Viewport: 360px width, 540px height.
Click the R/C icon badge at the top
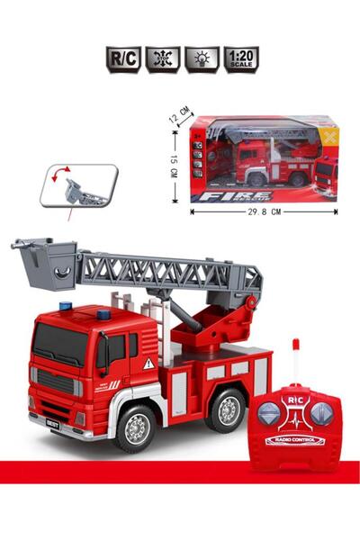pyautogui.click(x=123, y=59)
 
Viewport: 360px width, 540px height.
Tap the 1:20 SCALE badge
pyautogui.click(x=241, y=59)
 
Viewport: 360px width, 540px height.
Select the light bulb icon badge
pyautogui.click(x=202, y=59)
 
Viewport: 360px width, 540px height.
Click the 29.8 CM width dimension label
pyautogui.click(x=264, y=212)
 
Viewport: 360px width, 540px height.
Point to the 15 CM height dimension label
pyautogui.click(x=174, y=164)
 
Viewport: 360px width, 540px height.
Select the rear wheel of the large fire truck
pyautogui.click(x=226, y=409)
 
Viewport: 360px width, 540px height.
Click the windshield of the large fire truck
pyautogui.click(x=61, y=346)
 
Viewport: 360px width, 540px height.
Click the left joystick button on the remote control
pyautogui.click(x=270, y=413)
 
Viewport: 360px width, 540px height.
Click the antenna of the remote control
pyautogui.click(x=294, y=360)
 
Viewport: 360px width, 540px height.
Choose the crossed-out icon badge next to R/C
pyautogui.click(x=163, y=59)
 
